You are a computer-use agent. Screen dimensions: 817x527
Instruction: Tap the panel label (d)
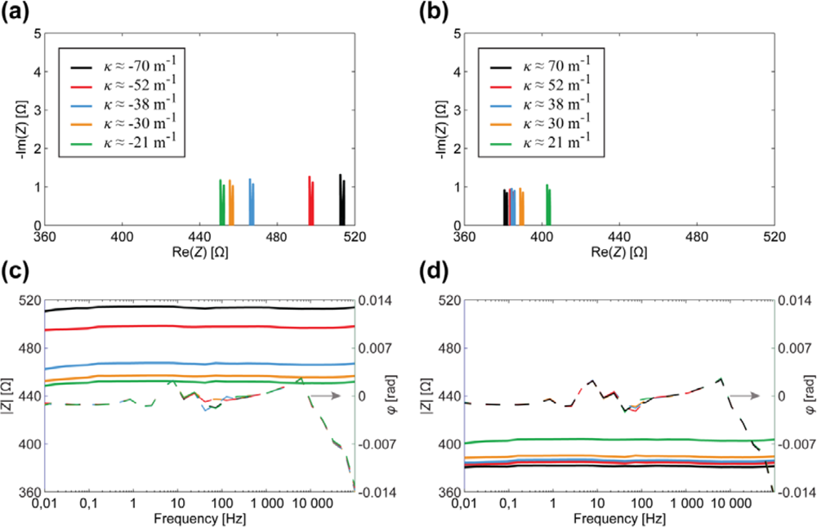click(434, 275)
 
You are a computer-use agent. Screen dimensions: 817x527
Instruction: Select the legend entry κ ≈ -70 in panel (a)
click(123, 66)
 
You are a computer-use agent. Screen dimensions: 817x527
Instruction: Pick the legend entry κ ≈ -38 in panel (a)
click(123, 105)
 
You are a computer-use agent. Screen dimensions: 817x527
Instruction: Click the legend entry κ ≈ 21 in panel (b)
click(540, 142)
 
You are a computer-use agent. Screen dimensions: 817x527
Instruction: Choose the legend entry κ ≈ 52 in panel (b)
click(540, 85)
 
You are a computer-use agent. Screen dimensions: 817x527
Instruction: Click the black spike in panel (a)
click(342, 199)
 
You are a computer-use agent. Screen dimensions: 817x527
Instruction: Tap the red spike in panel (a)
click(311, 201)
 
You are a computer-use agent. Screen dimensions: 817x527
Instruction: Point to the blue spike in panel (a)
click(252, 202)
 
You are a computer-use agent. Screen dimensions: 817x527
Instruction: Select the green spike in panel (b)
click(548, 205)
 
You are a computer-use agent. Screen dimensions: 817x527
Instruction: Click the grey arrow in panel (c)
click(326, 396)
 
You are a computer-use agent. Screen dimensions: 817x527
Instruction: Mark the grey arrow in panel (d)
click(744, 396)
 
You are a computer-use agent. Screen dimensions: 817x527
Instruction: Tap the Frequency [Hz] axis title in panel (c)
click(200, 519)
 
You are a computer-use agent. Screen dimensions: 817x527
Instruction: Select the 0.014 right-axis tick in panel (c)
click(377, 301)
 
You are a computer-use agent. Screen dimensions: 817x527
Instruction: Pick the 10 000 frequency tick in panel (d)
click(733, 503)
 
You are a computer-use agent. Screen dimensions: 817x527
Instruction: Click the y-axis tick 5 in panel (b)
click(458, 33)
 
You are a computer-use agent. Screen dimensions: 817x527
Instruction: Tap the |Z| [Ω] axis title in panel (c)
click(8, 396)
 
